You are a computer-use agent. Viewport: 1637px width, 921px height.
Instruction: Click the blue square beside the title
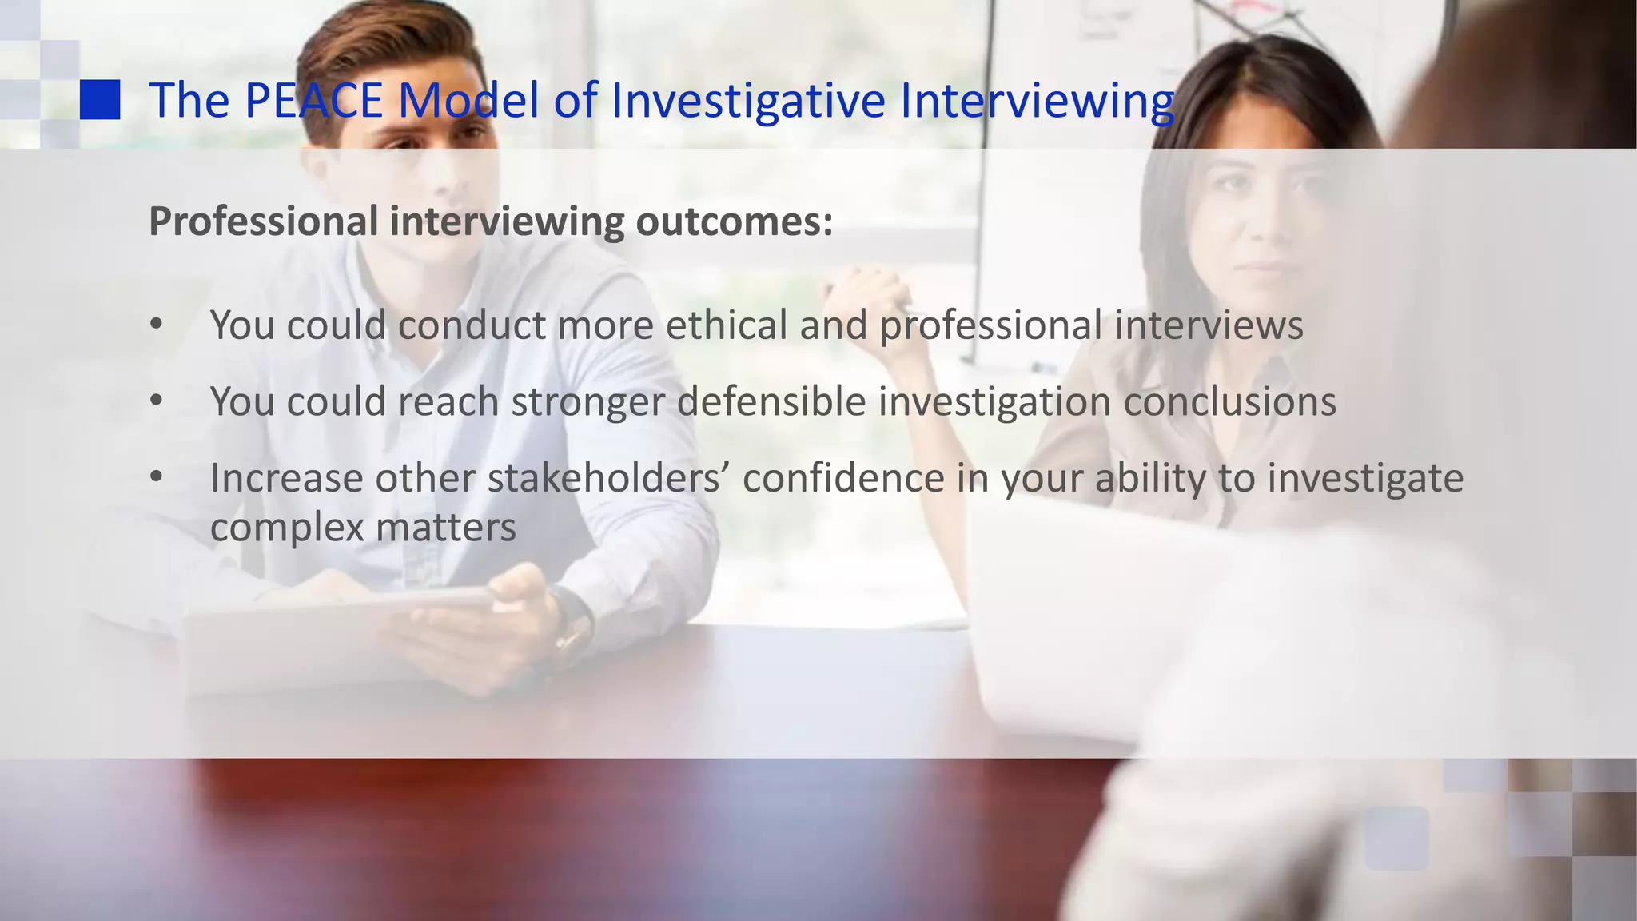[x=100, y=100]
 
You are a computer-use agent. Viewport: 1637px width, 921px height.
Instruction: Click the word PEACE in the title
[x=313, y=101]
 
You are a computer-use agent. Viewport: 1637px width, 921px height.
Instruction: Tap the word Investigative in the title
[x=748, y=101]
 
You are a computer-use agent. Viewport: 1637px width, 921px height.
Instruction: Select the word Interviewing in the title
[x=1037, y=101]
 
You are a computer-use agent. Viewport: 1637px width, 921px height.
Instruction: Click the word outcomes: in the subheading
[x=734, y=221]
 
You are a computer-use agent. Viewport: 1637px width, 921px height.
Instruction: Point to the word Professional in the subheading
[x=263, y=221]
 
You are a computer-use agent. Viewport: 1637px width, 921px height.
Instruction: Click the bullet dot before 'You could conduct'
[x=157, y=325]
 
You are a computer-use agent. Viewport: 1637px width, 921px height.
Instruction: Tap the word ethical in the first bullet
[x=727, y=325]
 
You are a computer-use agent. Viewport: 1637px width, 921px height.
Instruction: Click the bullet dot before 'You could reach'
[x=157, y=401]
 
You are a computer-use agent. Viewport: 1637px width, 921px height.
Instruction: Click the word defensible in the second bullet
[x=771, y=401]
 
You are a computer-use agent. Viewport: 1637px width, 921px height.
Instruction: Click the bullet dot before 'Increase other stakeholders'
[x=157, y=478]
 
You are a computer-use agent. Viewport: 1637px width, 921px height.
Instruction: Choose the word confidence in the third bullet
[x=843, y=478]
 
